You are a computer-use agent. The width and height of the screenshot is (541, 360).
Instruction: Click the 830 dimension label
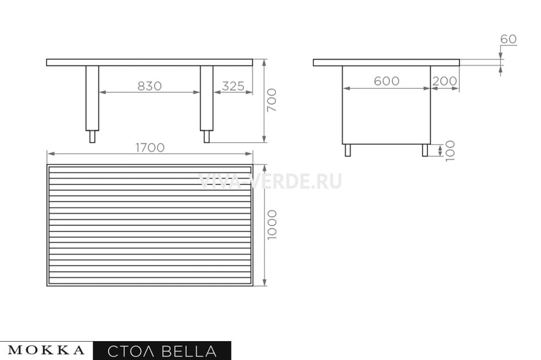(x=149, y=86)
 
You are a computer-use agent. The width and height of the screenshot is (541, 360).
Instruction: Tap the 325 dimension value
(x=233, y=86)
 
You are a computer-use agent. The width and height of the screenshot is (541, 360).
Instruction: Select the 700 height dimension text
(x=272, y=100)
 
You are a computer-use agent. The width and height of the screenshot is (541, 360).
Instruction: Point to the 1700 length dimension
(x=150, y=148)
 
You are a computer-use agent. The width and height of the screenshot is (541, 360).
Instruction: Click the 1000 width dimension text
(x=272, y=225)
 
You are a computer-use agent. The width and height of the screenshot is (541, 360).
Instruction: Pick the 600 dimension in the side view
(x=386, y=81)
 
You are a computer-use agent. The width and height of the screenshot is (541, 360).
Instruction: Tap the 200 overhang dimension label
(x=444, y=81)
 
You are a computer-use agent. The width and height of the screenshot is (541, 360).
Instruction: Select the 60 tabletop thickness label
(x=508, y=39)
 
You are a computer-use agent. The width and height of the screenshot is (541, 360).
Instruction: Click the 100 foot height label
(x=450, y=151)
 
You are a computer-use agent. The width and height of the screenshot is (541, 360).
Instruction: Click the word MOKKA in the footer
(x=46, y=350)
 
